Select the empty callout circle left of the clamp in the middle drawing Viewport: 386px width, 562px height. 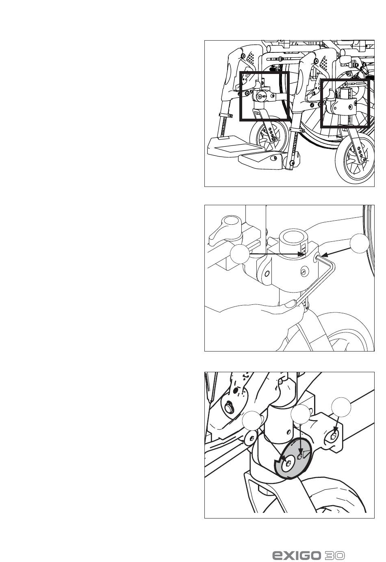[240, 254]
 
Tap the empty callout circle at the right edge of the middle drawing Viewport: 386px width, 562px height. [360, 243]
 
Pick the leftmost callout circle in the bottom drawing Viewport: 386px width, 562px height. [252, 421]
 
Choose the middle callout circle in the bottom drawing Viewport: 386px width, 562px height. [301, 414]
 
